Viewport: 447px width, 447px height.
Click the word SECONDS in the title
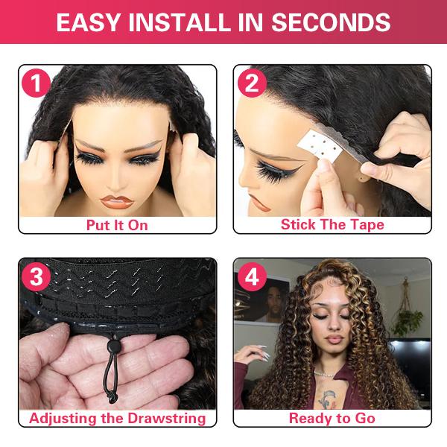coord(332,23)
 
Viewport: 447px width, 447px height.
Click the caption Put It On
coord(117,224)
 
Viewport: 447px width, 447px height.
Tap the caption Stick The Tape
coord(332,224)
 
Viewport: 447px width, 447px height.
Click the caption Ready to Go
coord(332,418)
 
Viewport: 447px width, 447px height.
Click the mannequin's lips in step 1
coord(117,200)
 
